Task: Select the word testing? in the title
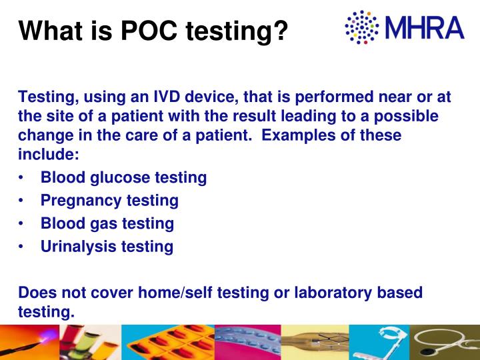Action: coord(241,31)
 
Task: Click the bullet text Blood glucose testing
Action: coord(123,177)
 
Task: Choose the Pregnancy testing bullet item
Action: coord(109,200)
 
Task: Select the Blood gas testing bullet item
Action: coord(107,223)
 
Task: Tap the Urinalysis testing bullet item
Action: coord(107,247)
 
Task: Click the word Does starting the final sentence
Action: coord(37,293)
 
